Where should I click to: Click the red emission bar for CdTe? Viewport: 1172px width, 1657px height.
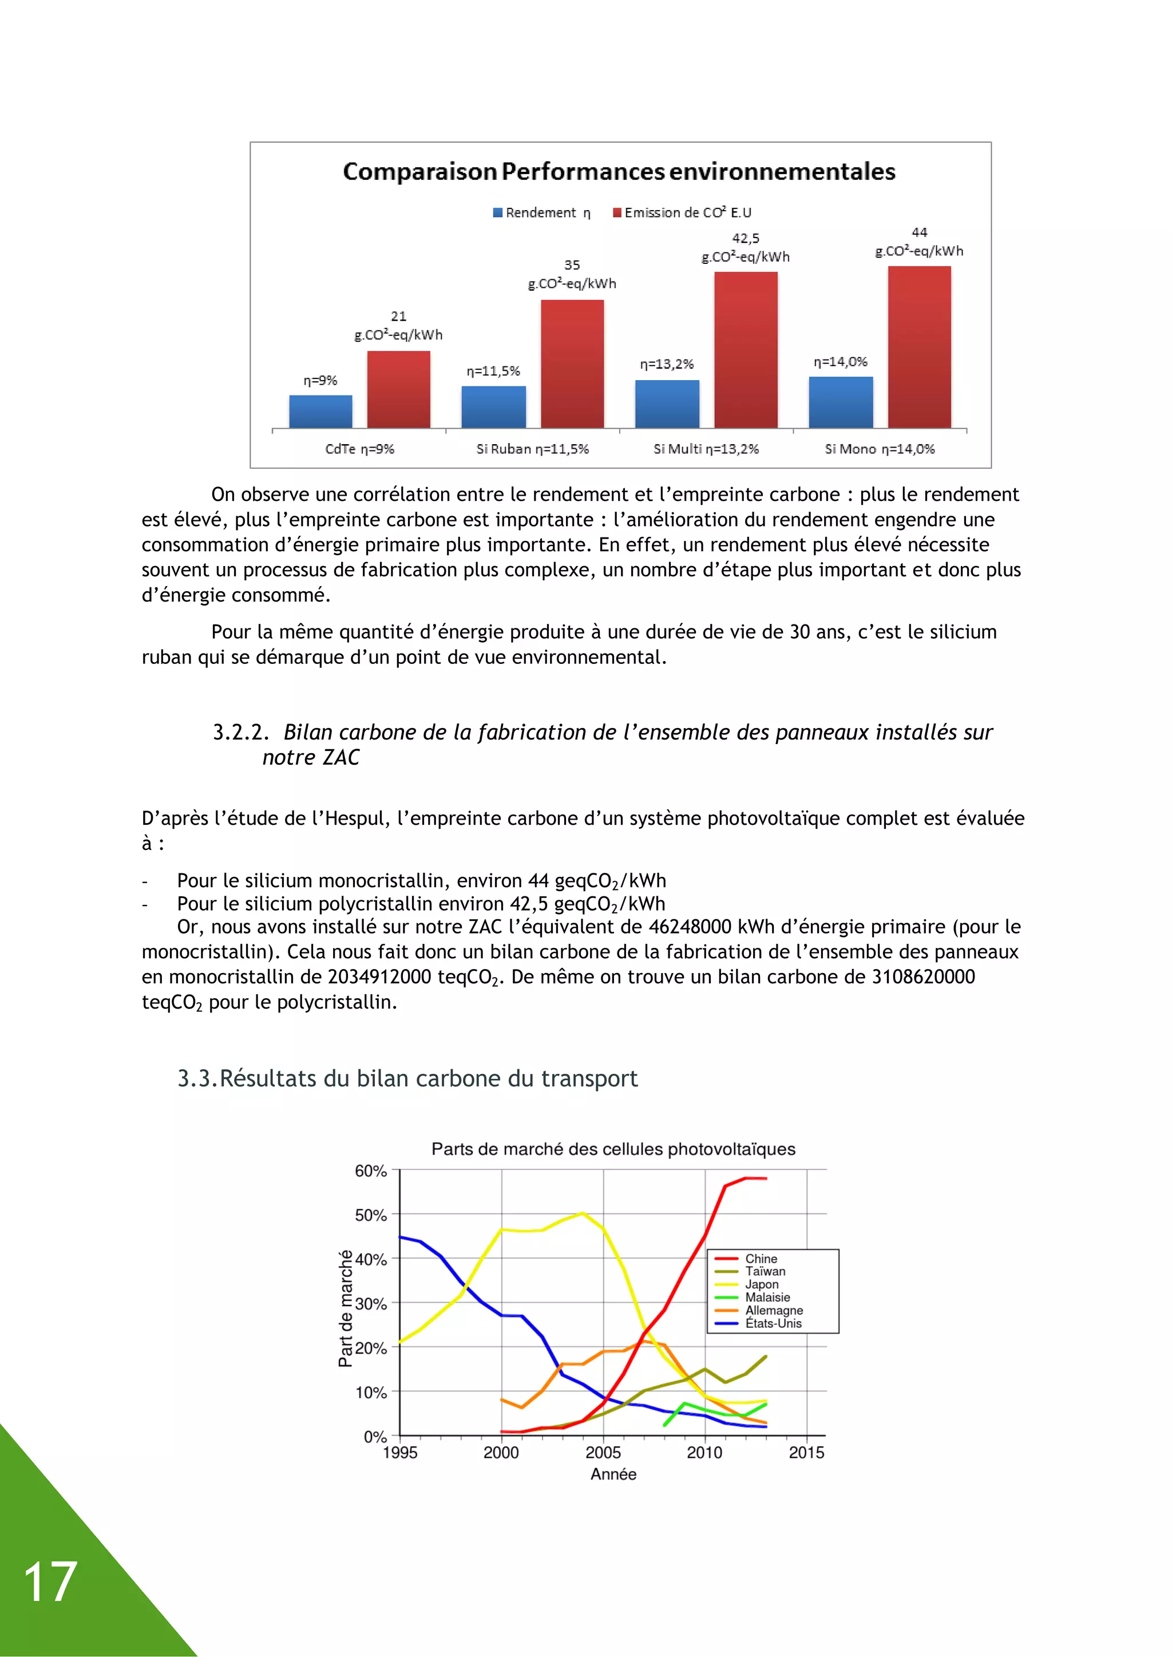point(398,390)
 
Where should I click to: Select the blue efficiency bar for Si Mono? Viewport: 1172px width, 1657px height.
point(841,403)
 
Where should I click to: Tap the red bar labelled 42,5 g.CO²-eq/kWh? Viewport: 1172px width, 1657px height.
point(746,350)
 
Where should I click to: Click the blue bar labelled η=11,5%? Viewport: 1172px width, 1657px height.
point(494,407)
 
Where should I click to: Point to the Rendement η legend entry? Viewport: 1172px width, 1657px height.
point(542,213)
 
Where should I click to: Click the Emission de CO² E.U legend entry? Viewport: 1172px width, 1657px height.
point(682,213)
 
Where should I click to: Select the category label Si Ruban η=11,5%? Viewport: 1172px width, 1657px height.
point(533,449)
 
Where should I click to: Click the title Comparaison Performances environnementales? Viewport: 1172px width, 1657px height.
point(619,172)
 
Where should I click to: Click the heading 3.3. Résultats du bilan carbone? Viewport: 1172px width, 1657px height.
point(408,1078)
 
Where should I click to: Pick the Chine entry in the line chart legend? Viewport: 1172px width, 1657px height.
point(761,1259)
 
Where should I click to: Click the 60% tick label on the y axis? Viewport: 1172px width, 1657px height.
point(371,1171)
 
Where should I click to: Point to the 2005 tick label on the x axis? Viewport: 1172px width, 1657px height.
point(603,1453)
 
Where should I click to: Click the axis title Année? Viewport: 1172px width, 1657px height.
point(613,1474)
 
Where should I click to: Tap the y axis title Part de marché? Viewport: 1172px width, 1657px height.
point(346,1308)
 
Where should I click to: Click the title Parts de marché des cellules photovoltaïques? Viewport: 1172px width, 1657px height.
point(613,1149)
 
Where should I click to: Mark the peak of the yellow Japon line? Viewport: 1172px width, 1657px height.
point(583,1213)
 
